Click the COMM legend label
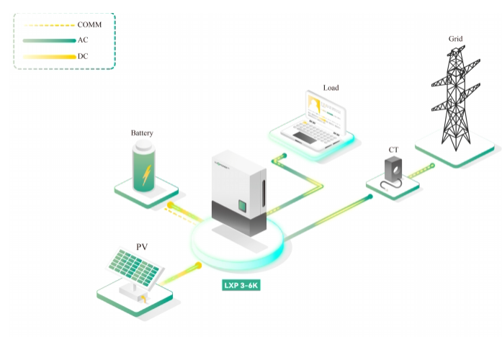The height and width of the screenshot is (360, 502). tap(90, 24)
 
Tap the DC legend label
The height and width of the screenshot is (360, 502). tap(83, 56)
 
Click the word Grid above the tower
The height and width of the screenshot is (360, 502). tap(455, 39)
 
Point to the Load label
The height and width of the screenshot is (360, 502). tap(331, 88)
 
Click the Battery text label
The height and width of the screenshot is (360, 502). tap(142, 133)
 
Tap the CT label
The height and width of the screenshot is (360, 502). tap(393, 149)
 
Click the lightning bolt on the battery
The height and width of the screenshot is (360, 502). tap(146, 174)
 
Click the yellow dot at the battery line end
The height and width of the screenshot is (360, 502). tap(170, 204)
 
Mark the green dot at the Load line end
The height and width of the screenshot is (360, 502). tap(284, 155)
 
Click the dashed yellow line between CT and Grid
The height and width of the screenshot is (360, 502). tap(423, 171)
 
